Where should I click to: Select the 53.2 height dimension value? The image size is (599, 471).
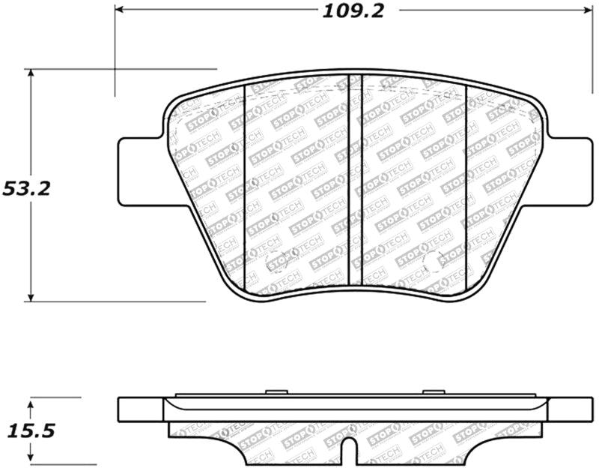click(x=26, y=188)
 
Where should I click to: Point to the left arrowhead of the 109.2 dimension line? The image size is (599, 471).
click(x=120, y=10)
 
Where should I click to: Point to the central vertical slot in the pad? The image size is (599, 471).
click(x=356, y=180)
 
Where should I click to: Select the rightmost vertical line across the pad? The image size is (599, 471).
click(x=467, y=187)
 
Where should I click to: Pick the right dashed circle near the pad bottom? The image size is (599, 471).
click(x=432, y=262)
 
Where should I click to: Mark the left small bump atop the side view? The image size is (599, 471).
click(x=276, y=392)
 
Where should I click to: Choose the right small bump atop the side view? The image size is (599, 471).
click(x=434, y=392)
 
